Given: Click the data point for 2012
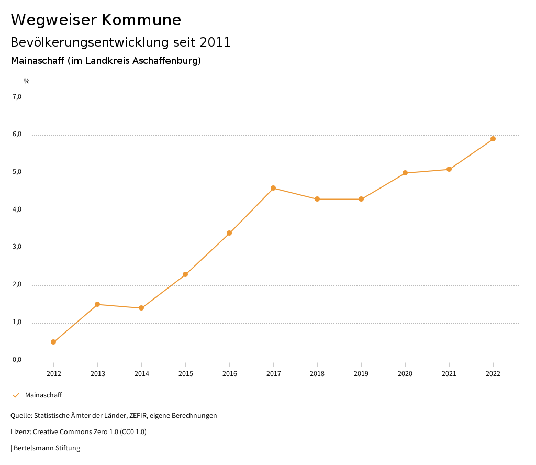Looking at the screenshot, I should coord(53,342).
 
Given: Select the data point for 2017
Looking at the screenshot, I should coord(273,188).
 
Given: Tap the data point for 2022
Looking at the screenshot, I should coord(493,139).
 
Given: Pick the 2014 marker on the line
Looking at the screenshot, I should coord(141,308).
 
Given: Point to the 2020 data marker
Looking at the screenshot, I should coord(405,173).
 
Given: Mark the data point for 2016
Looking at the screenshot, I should coord(229,233).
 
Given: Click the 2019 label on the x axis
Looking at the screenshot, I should coord(361,374).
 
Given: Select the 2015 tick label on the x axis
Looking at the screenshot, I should coord(185,374).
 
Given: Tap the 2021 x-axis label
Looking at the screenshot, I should coord(449,374).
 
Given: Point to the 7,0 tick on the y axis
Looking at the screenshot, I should coord(17,97).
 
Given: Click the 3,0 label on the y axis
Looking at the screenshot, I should coord(17,247).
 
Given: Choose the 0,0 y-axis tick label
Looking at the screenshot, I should coord(17,360).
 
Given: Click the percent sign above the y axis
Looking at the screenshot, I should coord(27,81).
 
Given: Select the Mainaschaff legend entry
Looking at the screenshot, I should coord(43,395).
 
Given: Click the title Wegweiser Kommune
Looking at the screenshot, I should coord(96,20).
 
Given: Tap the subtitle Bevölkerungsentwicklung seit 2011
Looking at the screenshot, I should coord(120,42).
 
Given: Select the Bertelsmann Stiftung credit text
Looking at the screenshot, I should coord(47,448).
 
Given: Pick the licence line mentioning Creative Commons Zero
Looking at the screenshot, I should coord(79,432).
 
